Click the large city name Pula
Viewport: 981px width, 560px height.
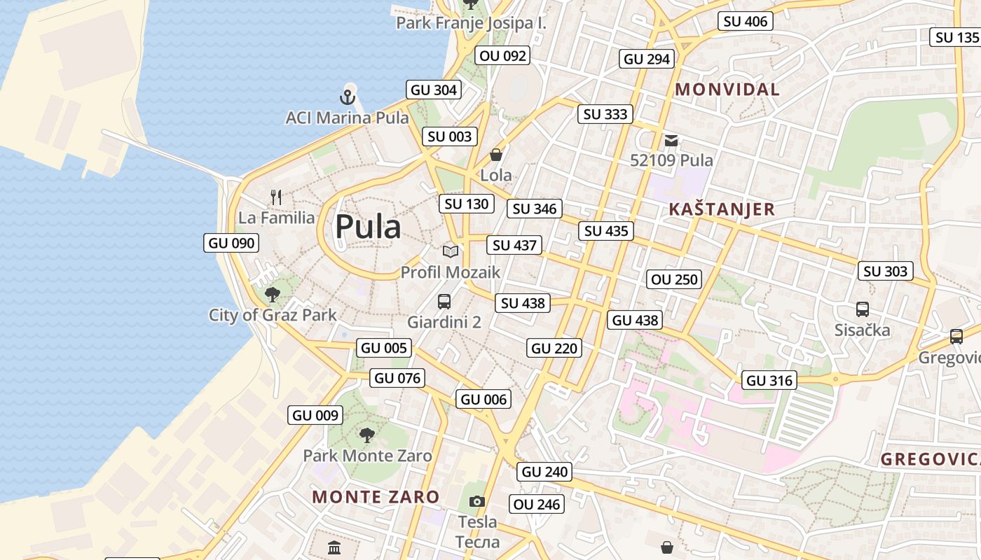(x=368, y=227)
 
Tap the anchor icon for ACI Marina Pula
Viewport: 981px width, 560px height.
(x=348, y=97)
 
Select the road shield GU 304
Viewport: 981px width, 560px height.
(x=434, y=90)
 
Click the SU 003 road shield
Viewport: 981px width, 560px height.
(x=450, y=136)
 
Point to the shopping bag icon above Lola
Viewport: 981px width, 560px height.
(x=496, y=154)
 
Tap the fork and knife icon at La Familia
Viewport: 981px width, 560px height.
(x=276, y=197)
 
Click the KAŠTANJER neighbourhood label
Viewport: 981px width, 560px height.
(x=722, y=209)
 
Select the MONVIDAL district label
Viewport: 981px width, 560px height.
(x=727, y=90)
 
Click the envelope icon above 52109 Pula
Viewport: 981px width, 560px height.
(x=671, y=141)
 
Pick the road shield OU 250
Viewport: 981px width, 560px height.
(x=674, y=279)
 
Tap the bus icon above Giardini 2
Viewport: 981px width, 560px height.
(x=444, y=302)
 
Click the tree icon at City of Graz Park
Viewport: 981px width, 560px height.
(x=273, y=295)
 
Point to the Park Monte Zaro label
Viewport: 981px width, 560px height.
(x=367, y=456)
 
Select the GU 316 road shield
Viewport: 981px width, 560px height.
(x=770, y=380)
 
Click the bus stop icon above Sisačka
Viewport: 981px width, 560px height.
(x=863, y=309)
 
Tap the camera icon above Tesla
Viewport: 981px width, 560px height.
(x=476, y=501)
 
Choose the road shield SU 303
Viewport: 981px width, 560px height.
(x=886, y=271)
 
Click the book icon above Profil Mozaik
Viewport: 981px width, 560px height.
(x=451, y=251)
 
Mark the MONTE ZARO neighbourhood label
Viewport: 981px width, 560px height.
(x=376, y=497)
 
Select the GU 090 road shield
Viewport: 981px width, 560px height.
(x=232, y=243)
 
